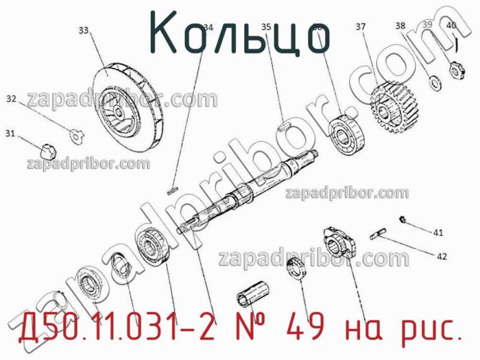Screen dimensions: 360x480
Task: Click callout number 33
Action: click(83, 29)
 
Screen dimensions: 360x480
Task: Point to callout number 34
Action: click(208, 27)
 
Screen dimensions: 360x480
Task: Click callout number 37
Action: click(361, 26)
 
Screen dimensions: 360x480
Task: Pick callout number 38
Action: click(400, 25)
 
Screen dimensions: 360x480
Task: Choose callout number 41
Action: click(439, 232)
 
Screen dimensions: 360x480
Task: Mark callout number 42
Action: click(442, 257)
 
